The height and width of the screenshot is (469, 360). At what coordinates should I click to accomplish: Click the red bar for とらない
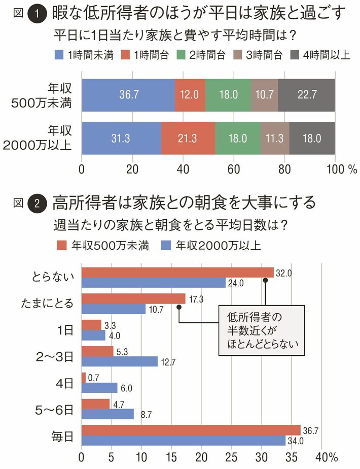177,273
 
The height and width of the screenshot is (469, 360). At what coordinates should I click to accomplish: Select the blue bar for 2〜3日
120,361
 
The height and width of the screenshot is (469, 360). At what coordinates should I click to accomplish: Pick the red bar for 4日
84,378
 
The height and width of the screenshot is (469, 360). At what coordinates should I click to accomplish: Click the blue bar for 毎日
184,440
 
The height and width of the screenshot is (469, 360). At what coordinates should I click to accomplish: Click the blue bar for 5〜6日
107,414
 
